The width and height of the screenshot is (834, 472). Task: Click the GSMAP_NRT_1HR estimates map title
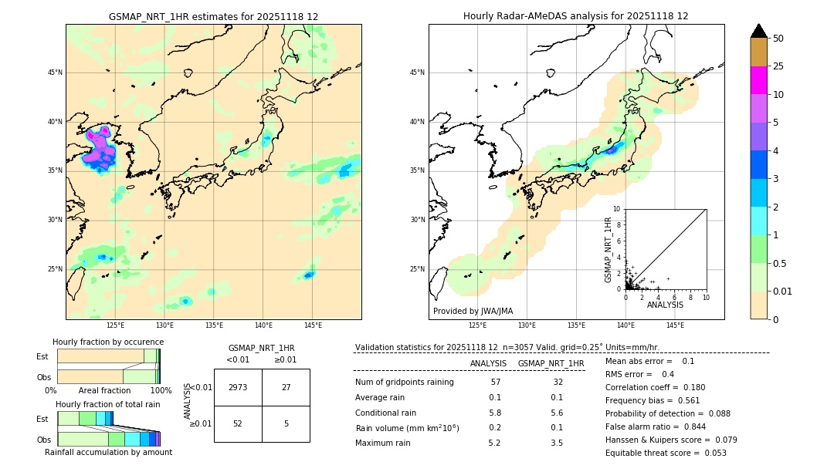[x=213, y=16]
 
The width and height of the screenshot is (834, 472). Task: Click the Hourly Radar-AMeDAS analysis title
[x=575, y=16]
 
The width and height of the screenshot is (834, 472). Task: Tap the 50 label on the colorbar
[x=778, y=39]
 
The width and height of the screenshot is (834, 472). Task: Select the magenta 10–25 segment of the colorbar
[x=758, y=80]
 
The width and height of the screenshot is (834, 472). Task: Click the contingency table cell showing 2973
[x=238, y=387]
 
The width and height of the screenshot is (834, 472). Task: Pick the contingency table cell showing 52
[x=238, y=423]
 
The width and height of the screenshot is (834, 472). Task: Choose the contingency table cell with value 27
[x=286, y=387]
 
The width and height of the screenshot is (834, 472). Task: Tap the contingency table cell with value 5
[x=286, y=423]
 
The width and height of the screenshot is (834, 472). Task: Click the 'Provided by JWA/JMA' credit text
[x=473, y=311]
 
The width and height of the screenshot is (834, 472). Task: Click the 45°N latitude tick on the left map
[x=55, y=72]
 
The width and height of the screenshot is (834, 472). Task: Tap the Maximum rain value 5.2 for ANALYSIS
[x=495, y=443]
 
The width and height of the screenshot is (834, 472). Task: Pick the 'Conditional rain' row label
[x=386, y=413]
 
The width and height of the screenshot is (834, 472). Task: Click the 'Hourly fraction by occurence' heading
[x=108, y=342]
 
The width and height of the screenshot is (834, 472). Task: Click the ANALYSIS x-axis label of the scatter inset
[x=665, y=305]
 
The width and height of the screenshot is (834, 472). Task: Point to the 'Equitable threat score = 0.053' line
[x=666, y=453]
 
